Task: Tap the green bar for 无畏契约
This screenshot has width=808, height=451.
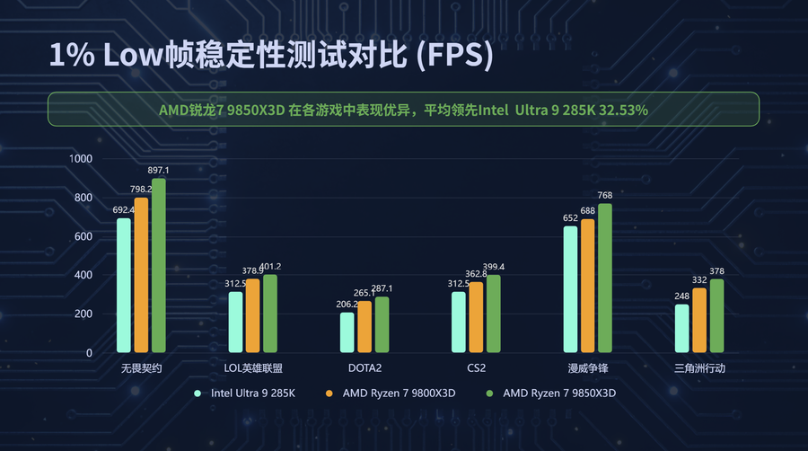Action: click(158, 266)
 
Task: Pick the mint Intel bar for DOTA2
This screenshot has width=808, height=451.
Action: click(347, 332)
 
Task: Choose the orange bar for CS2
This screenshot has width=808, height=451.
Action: click(476, 317)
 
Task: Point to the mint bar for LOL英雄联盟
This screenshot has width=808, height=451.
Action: click(235, 322)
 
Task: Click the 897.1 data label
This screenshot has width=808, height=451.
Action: click(158, 170)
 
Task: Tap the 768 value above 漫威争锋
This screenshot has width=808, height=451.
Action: click(605, 195)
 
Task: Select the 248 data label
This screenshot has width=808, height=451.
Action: click(682, 296)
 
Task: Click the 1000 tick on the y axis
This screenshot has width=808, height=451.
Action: click(81, 159)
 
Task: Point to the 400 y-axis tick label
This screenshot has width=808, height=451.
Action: click(83, 275)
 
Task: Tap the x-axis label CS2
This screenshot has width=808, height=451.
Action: click(476, 368)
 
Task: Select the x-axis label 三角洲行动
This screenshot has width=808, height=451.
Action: click(699, 368)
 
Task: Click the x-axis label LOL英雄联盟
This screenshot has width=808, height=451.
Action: click(253, 368)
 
